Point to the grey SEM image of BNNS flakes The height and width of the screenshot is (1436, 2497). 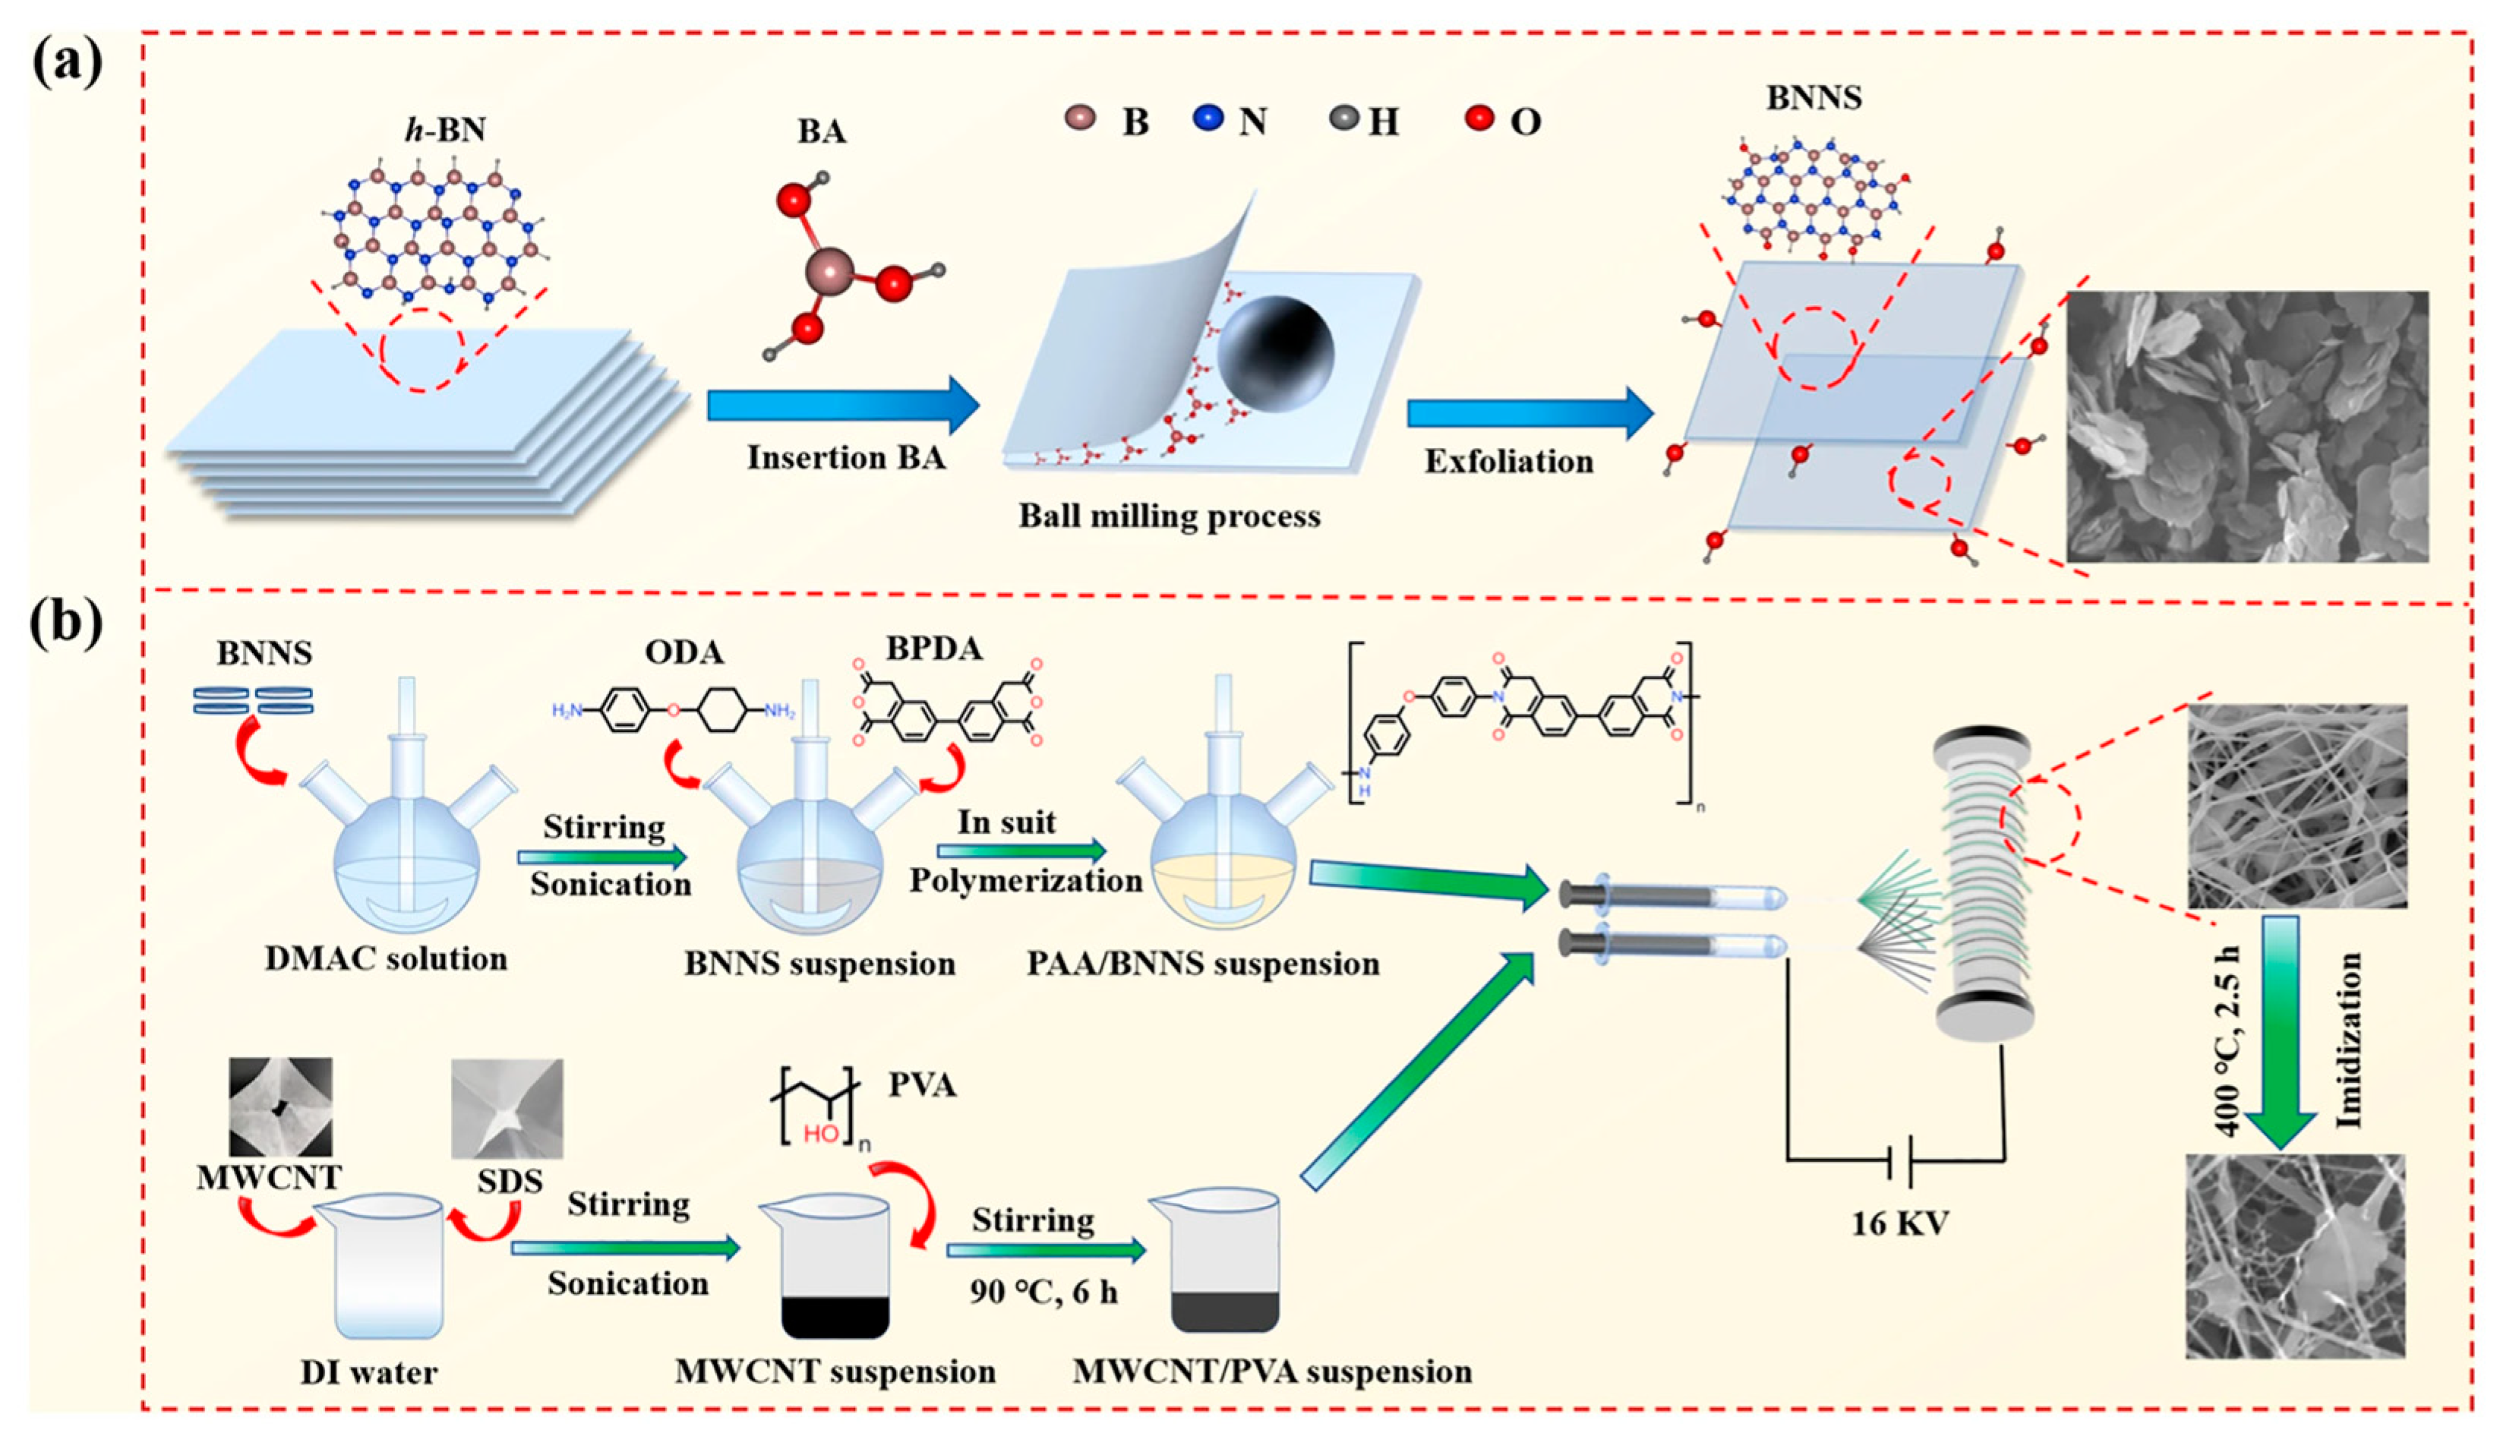coord(2246,426)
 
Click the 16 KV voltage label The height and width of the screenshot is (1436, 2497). coord(1899,1224)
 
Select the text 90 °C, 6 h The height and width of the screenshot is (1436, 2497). coord(1043,1292)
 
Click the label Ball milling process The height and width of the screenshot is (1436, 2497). coord(1169,516)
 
